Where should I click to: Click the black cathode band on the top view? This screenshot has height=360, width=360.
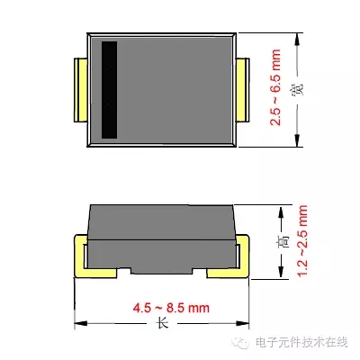coord(109,90)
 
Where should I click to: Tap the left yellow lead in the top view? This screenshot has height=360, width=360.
coord(80,90)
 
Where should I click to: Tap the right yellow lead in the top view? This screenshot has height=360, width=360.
coord(243,90)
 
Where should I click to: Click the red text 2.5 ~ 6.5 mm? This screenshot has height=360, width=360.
coord(275,87)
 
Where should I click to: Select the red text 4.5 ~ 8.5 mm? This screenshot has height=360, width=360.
coord(171,308)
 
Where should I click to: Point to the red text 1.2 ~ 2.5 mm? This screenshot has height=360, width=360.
coord(302,241)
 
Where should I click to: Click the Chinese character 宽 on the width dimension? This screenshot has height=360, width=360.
coord(298,89)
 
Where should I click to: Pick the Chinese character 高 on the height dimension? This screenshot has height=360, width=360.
coord(282,240)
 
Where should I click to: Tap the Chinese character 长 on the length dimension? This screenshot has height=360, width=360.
coord(162,323)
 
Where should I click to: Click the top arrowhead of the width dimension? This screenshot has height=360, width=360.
coord(297,40)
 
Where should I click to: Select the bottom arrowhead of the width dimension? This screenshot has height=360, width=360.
coord(297,140)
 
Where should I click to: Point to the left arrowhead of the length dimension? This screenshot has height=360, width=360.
coord(81,323)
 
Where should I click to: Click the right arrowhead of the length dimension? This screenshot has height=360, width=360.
coord(242,323)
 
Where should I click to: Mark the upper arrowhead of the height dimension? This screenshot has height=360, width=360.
coord(281,212)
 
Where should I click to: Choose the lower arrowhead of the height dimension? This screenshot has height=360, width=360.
coord(281,272)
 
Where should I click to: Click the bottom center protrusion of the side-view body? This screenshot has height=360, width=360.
coord(162,271)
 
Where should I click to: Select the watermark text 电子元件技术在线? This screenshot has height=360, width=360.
coord(301,342)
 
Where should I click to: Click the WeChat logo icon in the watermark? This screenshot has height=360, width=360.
coord(242,343)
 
